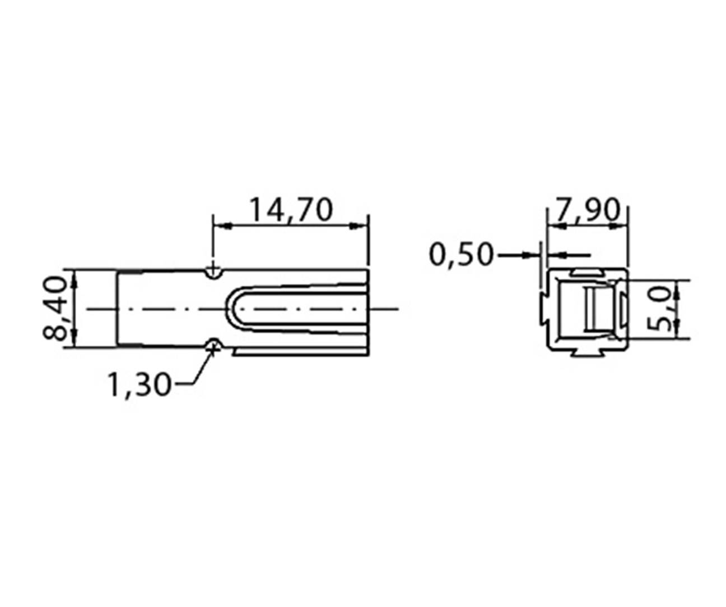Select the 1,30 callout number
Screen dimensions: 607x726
(x=138, y=385)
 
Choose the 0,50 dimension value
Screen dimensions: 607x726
(x=461, y=255)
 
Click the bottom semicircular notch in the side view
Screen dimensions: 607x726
(x=212, y=344)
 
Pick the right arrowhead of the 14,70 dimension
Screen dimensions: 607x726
(x=361, y=226)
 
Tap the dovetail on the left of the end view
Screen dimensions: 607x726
(x=544, y=308)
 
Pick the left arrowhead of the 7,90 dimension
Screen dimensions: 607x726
(x=553, y=226)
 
